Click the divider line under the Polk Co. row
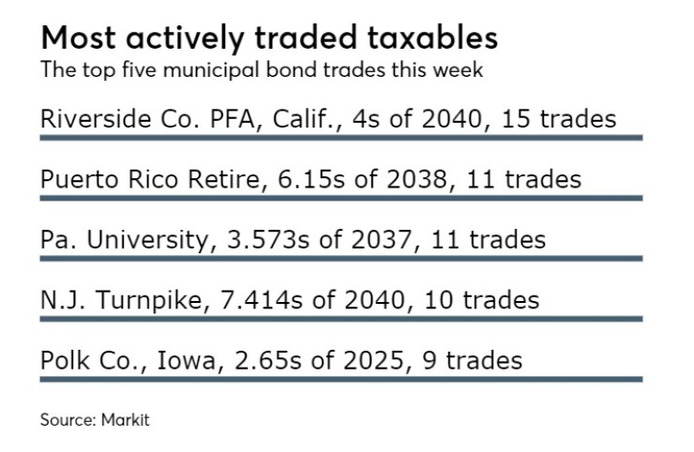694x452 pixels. [x=340, y=380]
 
